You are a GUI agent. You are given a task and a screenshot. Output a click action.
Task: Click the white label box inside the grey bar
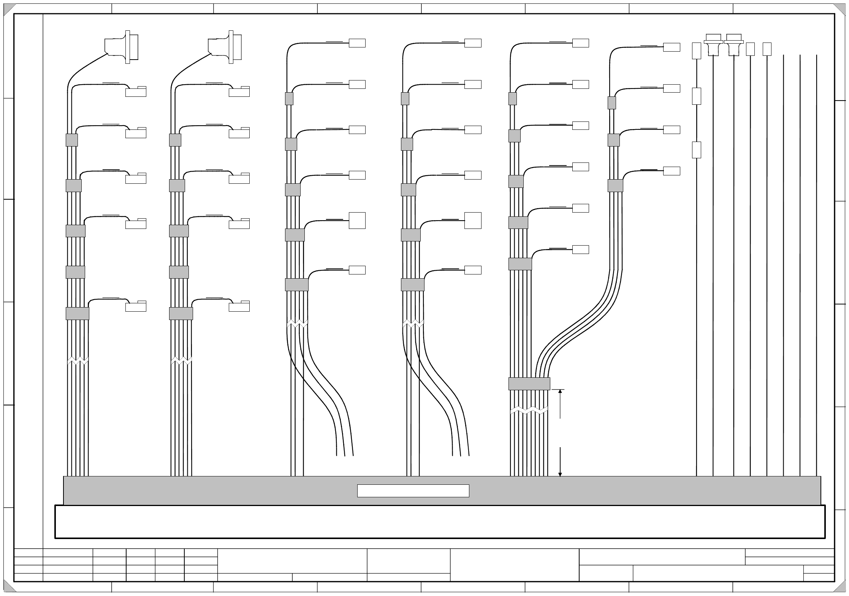pos(413,490)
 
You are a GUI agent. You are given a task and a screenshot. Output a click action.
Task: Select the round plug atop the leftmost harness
pos(122,47)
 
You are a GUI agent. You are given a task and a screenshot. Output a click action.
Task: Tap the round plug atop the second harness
pos(225,47)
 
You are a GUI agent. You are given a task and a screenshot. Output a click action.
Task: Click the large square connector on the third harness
pos(357,221)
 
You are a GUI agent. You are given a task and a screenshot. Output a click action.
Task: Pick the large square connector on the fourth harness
pos(473,221)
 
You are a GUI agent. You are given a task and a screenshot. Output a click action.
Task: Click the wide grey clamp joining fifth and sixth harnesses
pos(529,383)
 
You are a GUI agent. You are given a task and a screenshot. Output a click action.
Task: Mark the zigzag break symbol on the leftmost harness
pos(78,361)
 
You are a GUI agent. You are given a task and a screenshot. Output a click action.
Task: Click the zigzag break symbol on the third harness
pos(297,323)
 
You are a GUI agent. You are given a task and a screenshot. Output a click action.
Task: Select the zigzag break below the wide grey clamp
pos(529,410)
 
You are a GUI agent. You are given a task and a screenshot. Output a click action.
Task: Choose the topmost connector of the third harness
pos(357,43)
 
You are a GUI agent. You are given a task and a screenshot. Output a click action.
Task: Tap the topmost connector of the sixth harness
pos(672,47)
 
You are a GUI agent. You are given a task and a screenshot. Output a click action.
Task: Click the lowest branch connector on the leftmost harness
pos(136,306)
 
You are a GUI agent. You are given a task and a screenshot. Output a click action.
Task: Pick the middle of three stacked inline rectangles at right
pos(696,96)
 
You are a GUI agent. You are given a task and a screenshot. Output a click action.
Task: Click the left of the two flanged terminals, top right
pos(713,45)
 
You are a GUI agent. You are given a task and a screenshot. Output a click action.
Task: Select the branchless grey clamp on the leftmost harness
pos(75,272)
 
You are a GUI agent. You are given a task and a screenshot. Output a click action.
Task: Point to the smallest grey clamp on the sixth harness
pos(611,103)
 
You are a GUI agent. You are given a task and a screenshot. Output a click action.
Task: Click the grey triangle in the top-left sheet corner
pos(8,9)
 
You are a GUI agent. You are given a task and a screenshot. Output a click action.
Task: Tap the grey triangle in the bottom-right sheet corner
pos(841,587)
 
